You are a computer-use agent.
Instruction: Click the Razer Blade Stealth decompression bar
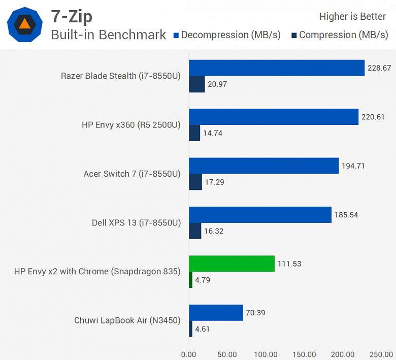click(x=277, y=68)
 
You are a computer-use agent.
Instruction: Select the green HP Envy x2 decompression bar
click(x=232, y=264)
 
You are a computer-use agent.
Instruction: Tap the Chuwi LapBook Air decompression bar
click(x=216, y=313)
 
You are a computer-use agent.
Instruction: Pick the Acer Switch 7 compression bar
click(x=195, y=182)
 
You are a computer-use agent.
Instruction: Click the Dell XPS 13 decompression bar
click(x=260, y=215)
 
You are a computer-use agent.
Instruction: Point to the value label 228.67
click(x=379, y=68)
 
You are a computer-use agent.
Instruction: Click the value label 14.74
click(x=213, y=133)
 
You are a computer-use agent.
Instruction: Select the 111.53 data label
click(x=289, y=264)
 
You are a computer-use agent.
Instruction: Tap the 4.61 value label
click(x=202, y=329)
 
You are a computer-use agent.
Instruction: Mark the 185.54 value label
click(x=346, y=215)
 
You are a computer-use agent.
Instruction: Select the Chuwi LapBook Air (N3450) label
click(x=127, y=320)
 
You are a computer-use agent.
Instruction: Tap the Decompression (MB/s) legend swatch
click(x=176, y=36)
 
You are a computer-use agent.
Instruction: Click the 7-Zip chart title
click(x=72, y=16)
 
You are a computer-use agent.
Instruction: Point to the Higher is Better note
click(x=352, y=17)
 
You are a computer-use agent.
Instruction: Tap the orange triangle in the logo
click(x=24, y=23)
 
